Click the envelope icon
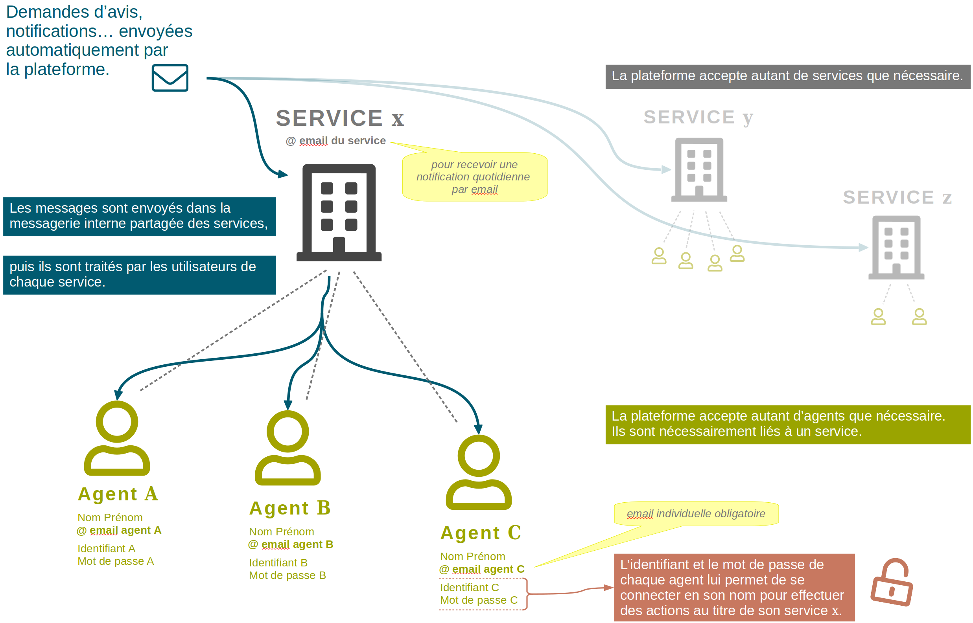pyautogui.click(x=170, y=78)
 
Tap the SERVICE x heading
pyautogui.click(x=339, y=118)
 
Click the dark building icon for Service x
pyautogui.click(x=339, y=212)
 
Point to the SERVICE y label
pyautogui.click(x=698, y=117)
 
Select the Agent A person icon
pyautogui.click(x=117, y=439)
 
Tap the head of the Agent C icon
pyautogui.click(x=478, y=456)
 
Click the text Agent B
pyautogui.click(x=290, y=508)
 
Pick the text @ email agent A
pyautogui.click(x=119, y=530)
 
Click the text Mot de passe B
pyautogui.click(x=287, y=575)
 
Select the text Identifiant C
pyautogui.click(x=469, y=587)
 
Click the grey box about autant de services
pyautogui.click(x=787, y=76)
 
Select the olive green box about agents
pyautogui.click(x=787, y=424)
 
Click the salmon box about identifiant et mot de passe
pyautogui.click(x=733, y=587)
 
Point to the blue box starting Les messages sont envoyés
pyautogui.click(x=139, y=217)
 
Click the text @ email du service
pyautogui.click(x=335, y=141)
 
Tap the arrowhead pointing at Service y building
pyautogui.click(x=665, y=169)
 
